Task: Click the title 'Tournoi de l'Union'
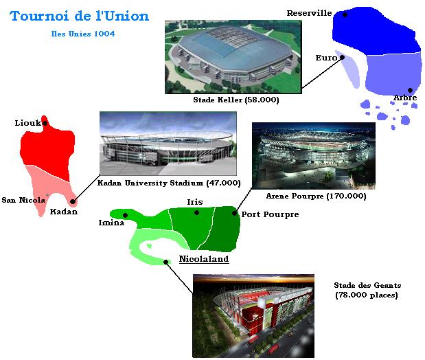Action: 80,16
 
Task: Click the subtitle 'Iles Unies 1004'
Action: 83,34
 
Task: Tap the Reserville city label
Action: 309,13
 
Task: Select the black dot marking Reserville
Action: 345,14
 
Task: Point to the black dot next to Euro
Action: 343,57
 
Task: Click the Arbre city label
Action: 405,98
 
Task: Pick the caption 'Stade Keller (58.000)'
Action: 236,100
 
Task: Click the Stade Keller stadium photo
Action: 233,57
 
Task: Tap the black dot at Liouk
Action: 45,123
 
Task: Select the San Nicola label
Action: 23,200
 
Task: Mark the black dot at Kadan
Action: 72,201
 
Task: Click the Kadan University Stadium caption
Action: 169,183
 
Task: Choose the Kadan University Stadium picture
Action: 168,143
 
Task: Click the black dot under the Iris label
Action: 197,213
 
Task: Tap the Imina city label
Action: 111,223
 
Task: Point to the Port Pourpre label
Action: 271,214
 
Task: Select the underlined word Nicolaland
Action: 204,259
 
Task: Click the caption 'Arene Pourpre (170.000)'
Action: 317,196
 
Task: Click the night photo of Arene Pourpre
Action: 314,156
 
